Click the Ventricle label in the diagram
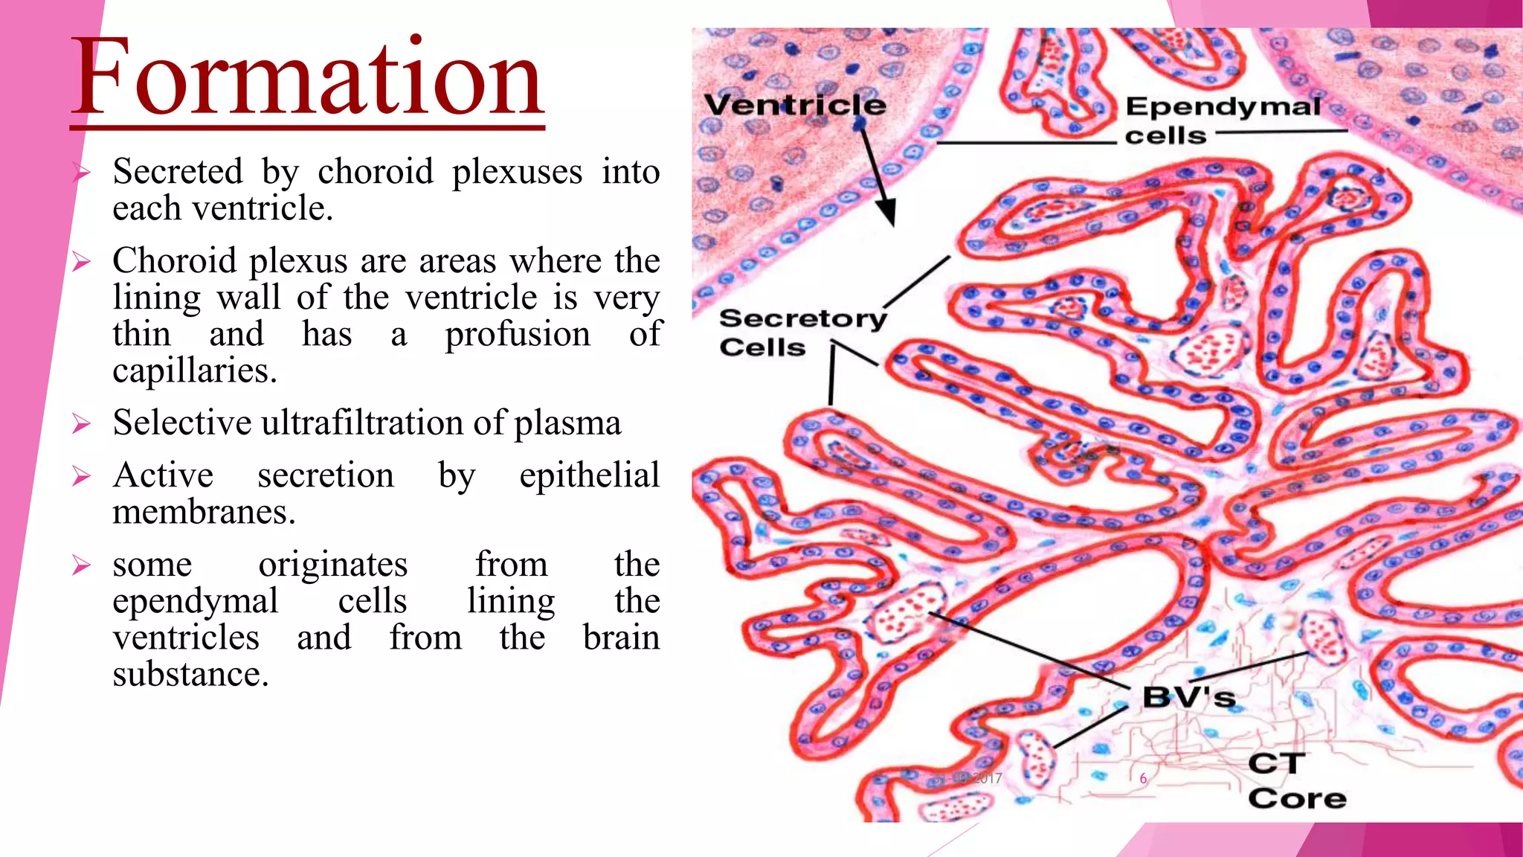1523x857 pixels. click(x=794, y=105)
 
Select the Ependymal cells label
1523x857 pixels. click(x=1222, y=121)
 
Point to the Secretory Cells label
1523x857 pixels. click(x=802, y=333)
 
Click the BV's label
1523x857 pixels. click(x=1188, y=698)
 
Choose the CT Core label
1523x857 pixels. click(x=1296, y=781)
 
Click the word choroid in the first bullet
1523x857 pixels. click(x=376, y=172)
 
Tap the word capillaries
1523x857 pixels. click(x=194, y=370)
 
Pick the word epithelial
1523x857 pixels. click(x=589, y=475)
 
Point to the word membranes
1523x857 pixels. click(x=204, y=512)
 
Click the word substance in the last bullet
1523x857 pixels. click(x=190, y=675)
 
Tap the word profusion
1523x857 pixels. click(x=518, y=334)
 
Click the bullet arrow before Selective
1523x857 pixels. click(x=81, y=424)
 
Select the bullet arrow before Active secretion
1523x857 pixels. click(x=81, y=476)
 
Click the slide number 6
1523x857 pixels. click(x=1143, y=778)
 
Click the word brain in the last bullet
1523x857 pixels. click(x=621, y=638)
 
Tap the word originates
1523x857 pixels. click(x=332, y=565)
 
